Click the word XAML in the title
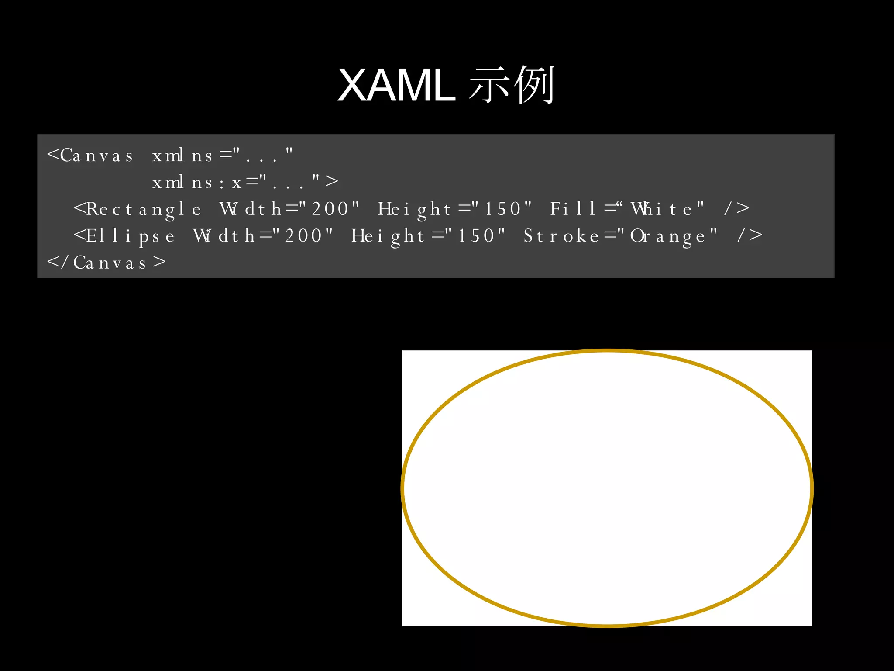click(x=396, y=86)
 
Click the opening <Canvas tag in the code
click(x=90, y=156)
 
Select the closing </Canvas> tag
click(x=107, y=263)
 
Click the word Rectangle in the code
click(x=138, y=209)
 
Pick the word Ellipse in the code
click(x=124, y=236)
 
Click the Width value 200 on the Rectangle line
click(x=330, y=209)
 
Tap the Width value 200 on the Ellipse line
click(x=304, y=236)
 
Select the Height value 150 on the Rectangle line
click(x=503, y=209)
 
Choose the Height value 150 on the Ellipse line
click(x=476, y=236)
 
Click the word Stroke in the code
click(x=561, y=236)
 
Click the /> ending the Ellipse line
click(x=750, y=236)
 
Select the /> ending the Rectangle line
click(x=737, y=209)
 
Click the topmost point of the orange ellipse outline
click(x=607, y=350)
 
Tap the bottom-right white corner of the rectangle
click(x=808, y=623)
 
